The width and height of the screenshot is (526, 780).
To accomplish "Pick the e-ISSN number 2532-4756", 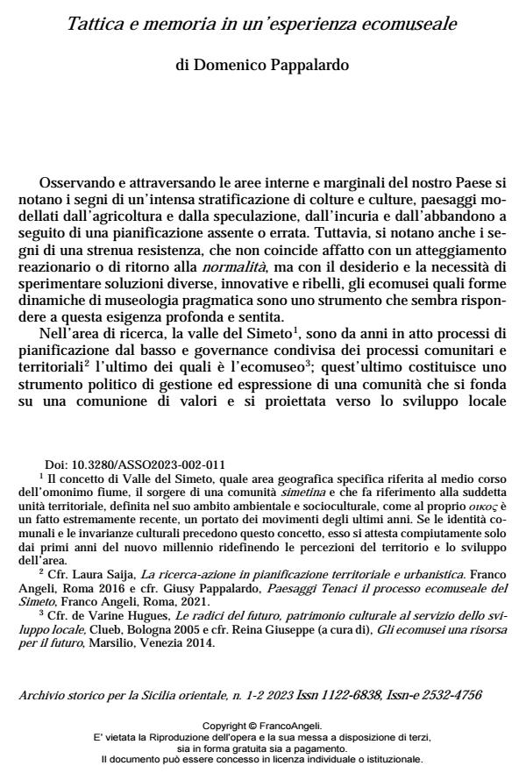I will click(x=452, y=694).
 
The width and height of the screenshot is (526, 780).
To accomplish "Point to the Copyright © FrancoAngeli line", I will click(x=262, y=727).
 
